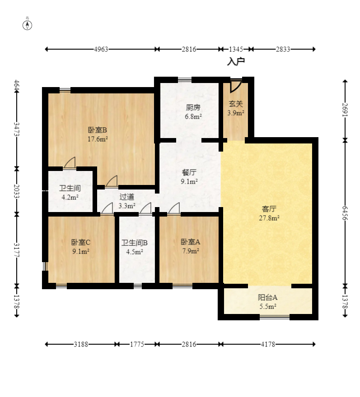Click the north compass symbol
click(x=28, y=25)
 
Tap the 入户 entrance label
click(x=236, y=61)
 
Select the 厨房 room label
click(x=193, y=108)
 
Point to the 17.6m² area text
click(x=98, y=139)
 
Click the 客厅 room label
click(x=269, y=209)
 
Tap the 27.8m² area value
click(x=269, y=218)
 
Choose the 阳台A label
click(x=267, y=297)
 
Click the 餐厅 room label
click(x=189, y=172)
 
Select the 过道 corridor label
click(x=127, y=197)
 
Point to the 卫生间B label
click(x=134, y=243)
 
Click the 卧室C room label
click(x=80, y=242)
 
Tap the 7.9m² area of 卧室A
click(x=191, y=251)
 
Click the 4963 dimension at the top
click(x=101, y=49)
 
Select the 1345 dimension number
click(x=236, y=49)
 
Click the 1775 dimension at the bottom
click(x=137, y=344)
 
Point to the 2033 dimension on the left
click(x=17, y=191)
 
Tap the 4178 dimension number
click(x=268, y=344)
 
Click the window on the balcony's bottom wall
click(x=275, y=317)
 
